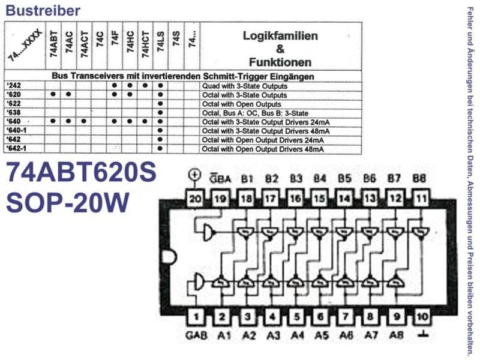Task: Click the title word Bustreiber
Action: point(43,10)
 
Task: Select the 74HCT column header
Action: point(145,44)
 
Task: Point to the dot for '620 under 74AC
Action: point(68,94)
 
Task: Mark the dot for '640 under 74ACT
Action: point(84,121)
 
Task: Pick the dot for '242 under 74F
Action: point(115,85)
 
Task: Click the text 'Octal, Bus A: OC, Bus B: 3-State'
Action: point(255,113)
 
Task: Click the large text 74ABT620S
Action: point(82,172)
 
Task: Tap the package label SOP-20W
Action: point(67,203)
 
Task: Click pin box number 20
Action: point(196,199)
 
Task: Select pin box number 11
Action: point(422,199)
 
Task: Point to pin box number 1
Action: point(196,316)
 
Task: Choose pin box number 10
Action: point(422,316)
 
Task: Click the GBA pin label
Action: point(220,178)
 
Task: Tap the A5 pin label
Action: point(322,335)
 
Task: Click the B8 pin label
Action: point(419,178)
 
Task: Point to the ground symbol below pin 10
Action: point(422,335)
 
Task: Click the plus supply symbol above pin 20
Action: point(194,175)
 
